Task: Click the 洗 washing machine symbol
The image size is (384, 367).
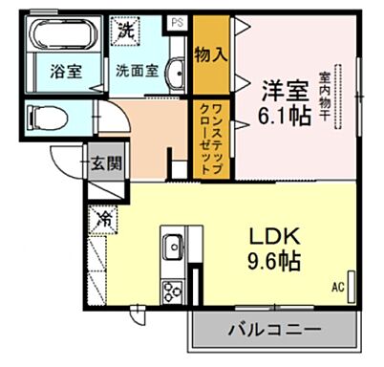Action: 124,29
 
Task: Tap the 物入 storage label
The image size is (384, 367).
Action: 211,54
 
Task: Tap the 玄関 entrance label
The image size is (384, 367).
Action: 105,162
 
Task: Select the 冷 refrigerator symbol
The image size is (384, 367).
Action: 102,218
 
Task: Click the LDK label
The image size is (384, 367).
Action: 276,235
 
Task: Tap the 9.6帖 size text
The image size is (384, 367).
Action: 276,260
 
